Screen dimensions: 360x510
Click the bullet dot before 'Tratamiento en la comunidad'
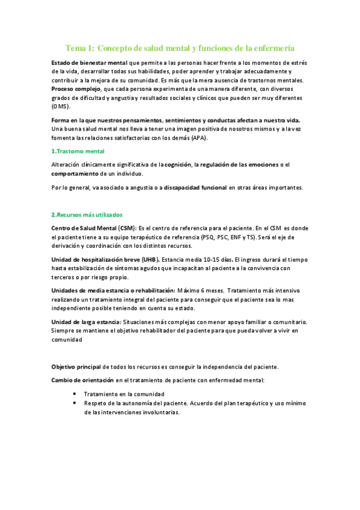pyautogui.click(x=74, y=393)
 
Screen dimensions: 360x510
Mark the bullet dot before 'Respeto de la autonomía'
pyautogui.click(x=74, y=403)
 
